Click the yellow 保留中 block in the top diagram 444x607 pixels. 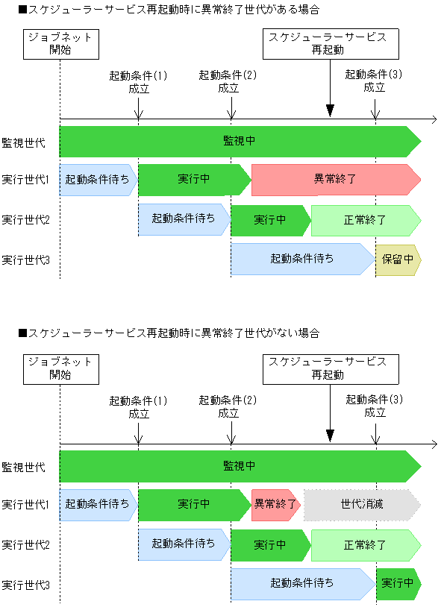[x=398, y=260]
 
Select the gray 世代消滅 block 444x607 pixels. [x=362, y=505]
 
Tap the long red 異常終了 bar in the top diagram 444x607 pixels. [x=335, y=180]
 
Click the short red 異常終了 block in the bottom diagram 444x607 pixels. [x=275, y=505]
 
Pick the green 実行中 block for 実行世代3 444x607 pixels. [x=398, y=584]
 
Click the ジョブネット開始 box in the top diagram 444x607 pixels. [x=60, y=43]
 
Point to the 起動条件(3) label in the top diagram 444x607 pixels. [x=374, y=81]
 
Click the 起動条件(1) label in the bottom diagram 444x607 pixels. [x=139, y=406]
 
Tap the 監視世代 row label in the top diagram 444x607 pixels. [x=23, y=142]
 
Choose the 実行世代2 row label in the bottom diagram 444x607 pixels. [x=25, y=545]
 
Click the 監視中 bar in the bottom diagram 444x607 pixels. [x=240, y=466]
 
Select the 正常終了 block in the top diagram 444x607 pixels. [x=365, y=220]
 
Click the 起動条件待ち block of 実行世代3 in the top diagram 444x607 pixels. [x=302, y=260]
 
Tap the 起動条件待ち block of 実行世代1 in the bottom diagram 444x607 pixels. [x=97, y=505]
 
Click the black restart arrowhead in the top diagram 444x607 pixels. [x=331, y=110]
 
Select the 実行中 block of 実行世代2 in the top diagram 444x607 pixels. [x=270, y=220]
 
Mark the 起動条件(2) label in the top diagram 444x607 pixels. [x=228, y=81]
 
